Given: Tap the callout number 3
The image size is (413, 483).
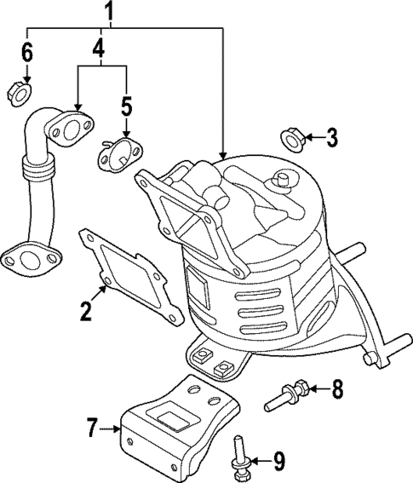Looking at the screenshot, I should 331,135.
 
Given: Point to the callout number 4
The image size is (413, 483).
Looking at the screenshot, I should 99,49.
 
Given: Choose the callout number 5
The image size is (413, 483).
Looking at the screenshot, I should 126,106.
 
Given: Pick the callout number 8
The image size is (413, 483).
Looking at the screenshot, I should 336,390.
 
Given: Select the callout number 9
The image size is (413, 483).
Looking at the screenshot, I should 279,462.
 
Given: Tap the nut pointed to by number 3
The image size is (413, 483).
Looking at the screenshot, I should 291,136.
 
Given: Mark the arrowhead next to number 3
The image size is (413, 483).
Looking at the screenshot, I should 309,136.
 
